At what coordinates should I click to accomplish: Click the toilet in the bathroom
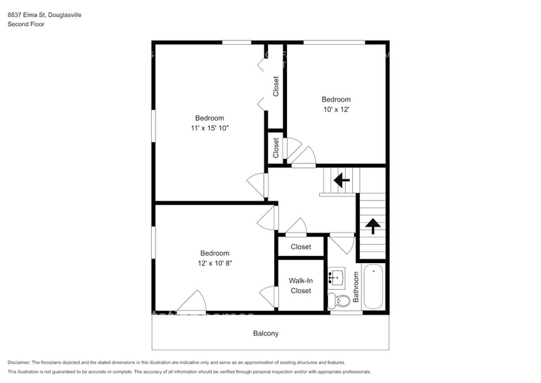333,300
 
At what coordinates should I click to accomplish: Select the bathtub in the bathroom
374,287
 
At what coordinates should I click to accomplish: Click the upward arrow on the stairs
372,226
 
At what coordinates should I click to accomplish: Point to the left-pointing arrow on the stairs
340,178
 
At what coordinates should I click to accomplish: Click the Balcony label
266,333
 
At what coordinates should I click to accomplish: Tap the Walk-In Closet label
301,286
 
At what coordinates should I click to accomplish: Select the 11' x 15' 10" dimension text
210,128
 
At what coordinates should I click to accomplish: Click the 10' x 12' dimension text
336,109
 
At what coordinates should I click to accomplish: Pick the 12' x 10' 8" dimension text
214,263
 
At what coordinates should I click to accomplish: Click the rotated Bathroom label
356,287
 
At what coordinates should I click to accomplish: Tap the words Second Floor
26,24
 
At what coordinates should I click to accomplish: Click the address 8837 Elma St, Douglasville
45,14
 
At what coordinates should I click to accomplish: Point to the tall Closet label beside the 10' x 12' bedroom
276,87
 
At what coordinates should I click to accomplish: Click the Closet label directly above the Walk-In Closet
301,247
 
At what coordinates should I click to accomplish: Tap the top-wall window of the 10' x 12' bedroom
334,42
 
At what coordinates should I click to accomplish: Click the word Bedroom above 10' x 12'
336,100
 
